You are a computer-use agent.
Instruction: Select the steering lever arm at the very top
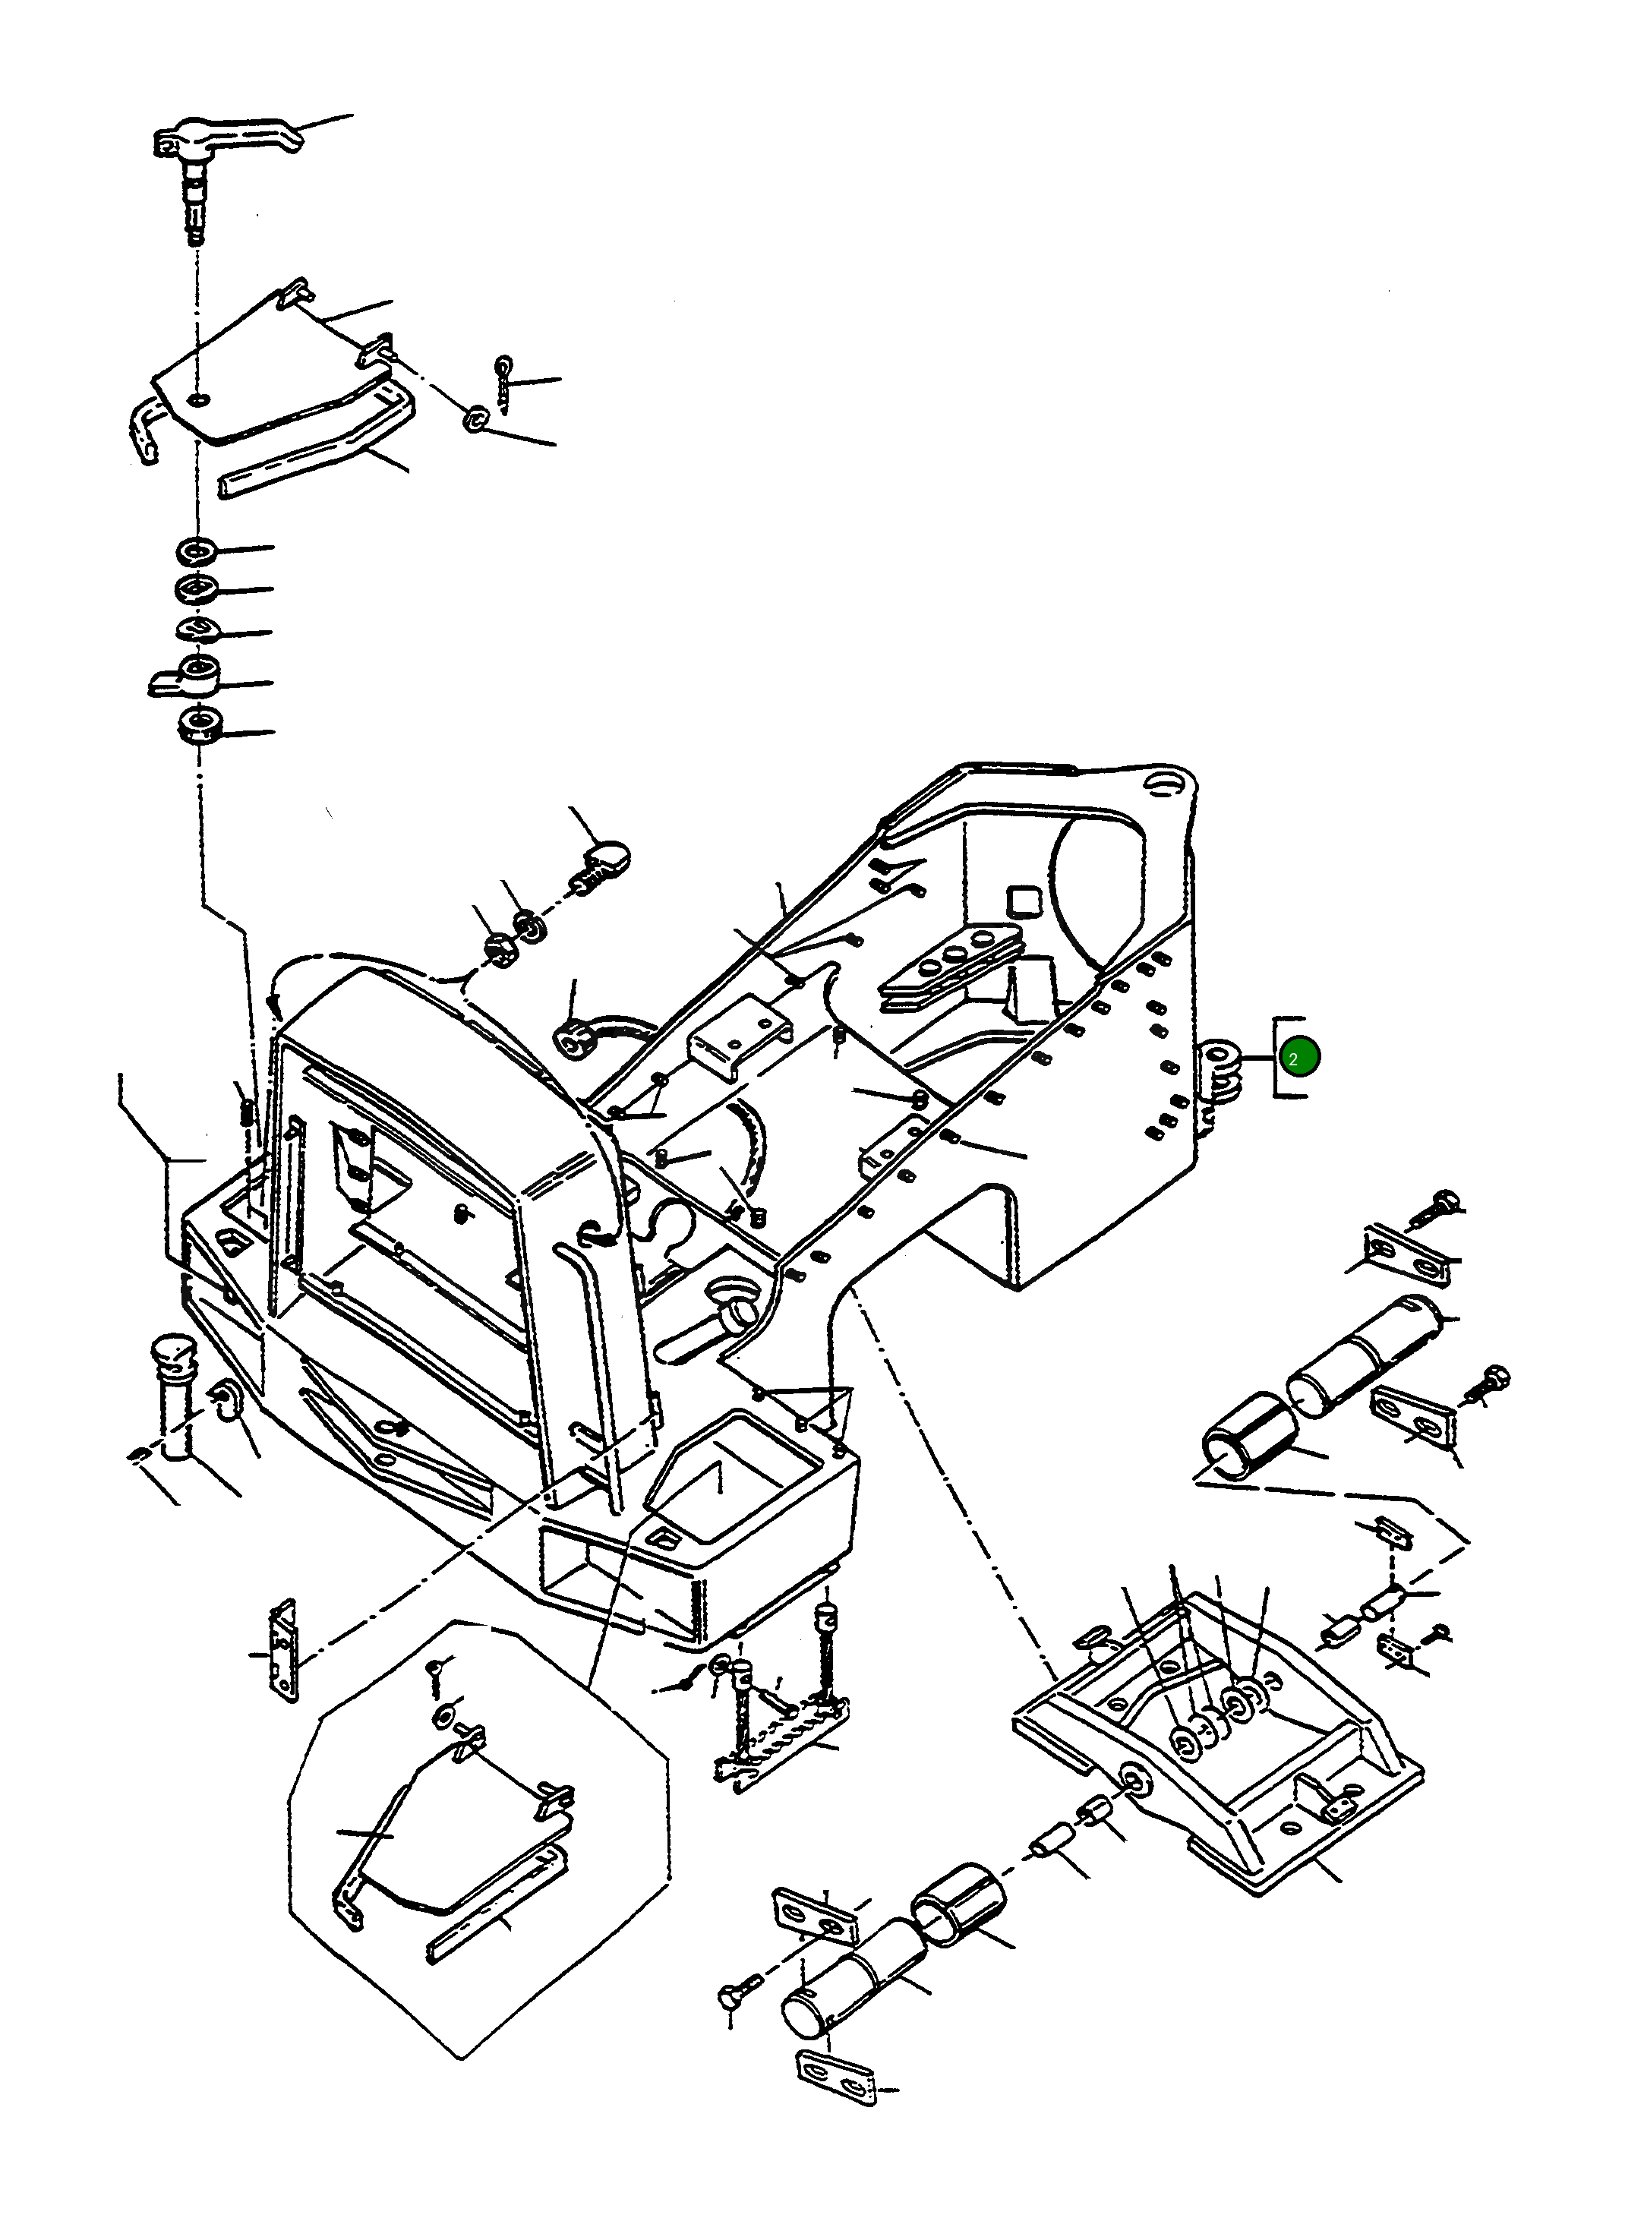click(231, 137)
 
